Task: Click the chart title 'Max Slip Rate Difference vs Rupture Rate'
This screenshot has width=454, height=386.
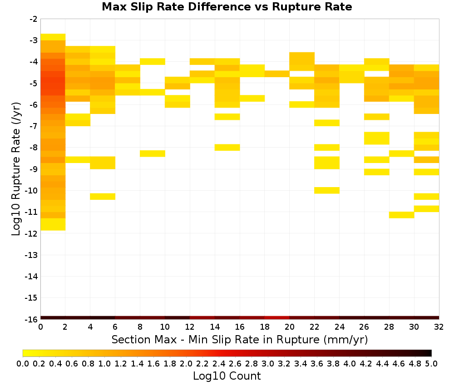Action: tap(227, 7)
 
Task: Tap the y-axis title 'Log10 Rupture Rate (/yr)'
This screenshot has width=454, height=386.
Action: tap(16, 169)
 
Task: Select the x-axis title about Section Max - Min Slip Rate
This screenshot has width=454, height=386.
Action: tap(239, 339)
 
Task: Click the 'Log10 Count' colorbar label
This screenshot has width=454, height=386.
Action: tap(227, 376)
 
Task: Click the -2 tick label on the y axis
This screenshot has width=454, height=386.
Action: tap(34, 19)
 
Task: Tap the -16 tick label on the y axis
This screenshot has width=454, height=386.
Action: tap(31, 319)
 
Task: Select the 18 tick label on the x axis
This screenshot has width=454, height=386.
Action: tap(265, 327)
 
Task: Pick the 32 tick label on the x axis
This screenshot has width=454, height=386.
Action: tap(439, 327)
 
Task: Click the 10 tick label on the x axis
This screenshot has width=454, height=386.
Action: tap(165, 327)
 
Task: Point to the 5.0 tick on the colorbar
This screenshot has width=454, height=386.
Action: tap(431, 363)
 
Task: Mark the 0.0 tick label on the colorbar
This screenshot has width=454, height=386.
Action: tap(23, 363)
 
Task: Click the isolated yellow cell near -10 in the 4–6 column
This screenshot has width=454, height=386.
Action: tap(103, 196)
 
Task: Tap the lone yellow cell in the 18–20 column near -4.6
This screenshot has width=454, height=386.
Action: tap(277, 74)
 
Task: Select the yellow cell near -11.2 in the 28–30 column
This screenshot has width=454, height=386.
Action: tap(402, 215)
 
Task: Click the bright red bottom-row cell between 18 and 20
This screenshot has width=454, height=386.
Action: tap(277, 318)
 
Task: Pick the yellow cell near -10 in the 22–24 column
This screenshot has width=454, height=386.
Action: tap(327, 190)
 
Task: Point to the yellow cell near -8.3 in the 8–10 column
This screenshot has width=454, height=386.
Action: tap(153, 153)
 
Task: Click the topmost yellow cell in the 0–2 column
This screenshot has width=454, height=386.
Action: tap(53, 37)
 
